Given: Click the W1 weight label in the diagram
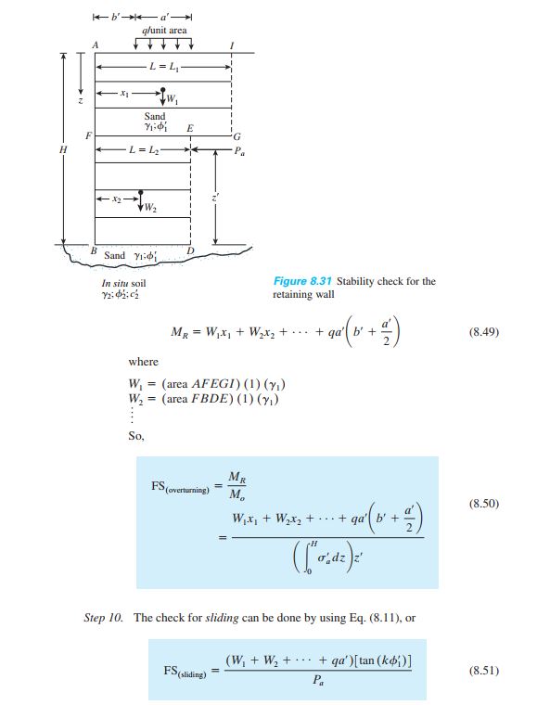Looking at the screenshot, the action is tap(173, 99).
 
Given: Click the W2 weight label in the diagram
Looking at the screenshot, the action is tap(150, 208).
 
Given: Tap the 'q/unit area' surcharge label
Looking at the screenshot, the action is tap(164, 31).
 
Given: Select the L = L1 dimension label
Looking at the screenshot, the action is tap(164, 67).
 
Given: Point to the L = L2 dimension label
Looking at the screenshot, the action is tap(144, 149).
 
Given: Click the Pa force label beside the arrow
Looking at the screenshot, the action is tap(239, 151).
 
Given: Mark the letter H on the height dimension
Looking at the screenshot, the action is tap(63, 149).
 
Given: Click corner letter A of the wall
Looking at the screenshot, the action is tap(96, 45).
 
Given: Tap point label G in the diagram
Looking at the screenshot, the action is tap(237, 136).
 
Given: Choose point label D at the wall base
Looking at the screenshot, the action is tap(190, 250).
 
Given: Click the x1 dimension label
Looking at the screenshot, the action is tap(124, 94).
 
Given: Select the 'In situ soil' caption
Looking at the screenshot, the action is tap(123, 283).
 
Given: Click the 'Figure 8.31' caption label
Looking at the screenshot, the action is tap(302, 281).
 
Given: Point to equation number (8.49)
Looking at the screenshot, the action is tap(484, 332).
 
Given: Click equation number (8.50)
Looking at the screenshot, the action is tap(484, 503).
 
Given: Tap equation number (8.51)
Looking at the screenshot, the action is tap(484, 671).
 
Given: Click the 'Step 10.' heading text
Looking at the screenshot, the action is tap(103, 618).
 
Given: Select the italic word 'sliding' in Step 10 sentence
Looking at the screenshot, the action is tap(222, 618).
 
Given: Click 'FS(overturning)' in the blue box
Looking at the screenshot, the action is tap(180, 487).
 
